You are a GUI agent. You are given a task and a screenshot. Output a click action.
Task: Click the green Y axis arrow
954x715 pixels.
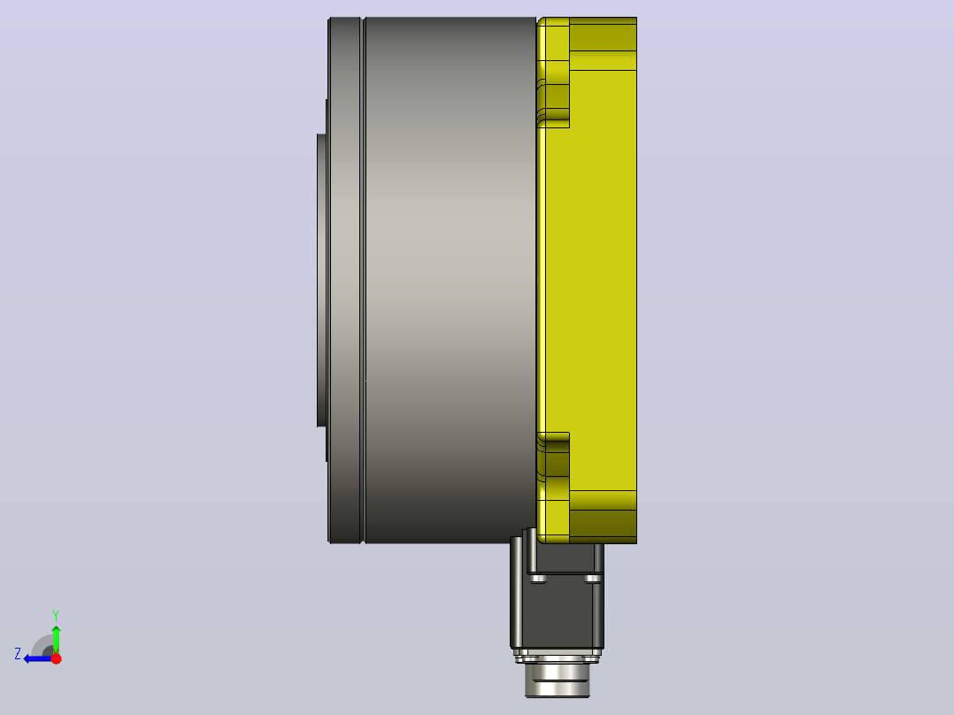[56, 639]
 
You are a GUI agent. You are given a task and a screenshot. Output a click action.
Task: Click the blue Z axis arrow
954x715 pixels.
[38, 658]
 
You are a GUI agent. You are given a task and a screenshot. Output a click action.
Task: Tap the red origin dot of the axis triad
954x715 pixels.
[56, 658]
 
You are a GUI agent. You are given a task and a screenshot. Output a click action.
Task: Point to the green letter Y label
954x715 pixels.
[56, 615]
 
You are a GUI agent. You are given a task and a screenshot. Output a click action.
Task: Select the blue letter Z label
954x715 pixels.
[18, 654]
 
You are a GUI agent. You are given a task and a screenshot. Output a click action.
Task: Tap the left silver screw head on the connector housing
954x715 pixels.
[537, 579]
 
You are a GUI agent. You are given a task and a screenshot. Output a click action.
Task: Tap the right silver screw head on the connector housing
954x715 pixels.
[593, 579]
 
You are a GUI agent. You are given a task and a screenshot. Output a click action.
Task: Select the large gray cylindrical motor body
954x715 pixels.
[450, 280]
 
